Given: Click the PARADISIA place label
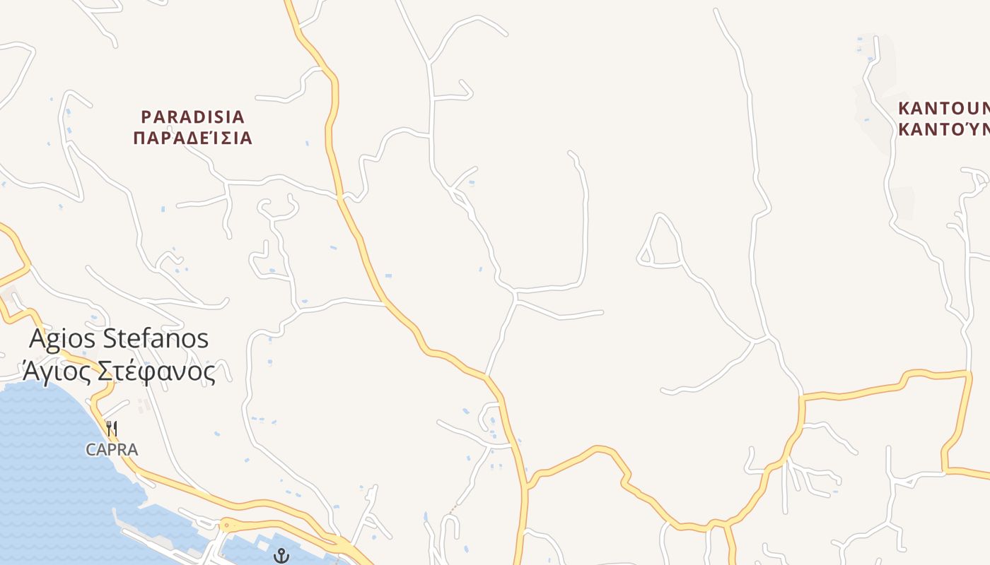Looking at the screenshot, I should (x=192, y=117).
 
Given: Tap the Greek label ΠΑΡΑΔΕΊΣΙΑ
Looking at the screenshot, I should (x=192, y=138).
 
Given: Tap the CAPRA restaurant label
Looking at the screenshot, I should (x=112, y=449).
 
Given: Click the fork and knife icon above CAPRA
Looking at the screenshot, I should (x=111, y=428).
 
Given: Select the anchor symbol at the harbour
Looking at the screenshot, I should (x=281, y=556).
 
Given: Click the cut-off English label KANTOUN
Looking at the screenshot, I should (x=943, y=109).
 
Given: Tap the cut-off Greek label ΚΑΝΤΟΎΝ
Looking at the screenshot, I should (x=943, y=130).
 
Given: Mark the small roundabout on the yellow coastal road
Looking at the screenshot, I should (x=226, y=525).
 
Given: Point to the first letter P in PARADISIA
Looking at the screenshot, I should (x=146, y=117).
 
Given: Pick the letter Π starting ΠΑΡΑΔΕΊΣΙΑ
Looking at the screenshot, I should (x=139, y=138).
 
